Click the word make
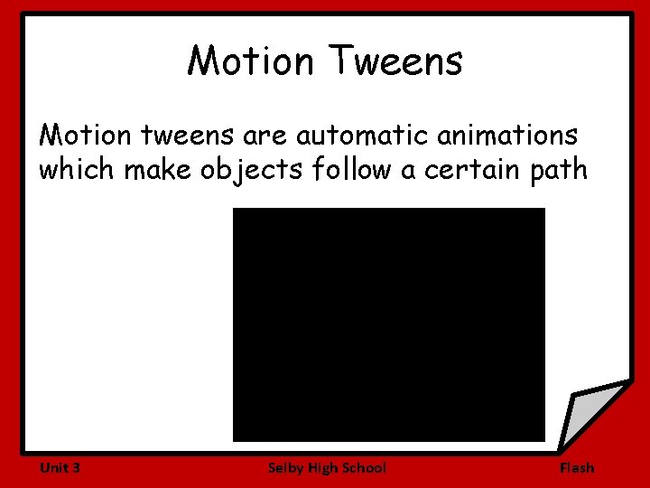coord(152,170)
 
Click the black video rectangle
coord(389,324)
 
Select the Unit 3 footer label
coord(60,467)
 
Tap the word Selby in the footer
coord(285,467)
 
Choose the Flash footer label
coord(577,467)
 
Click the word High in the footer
coord(322,467)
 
